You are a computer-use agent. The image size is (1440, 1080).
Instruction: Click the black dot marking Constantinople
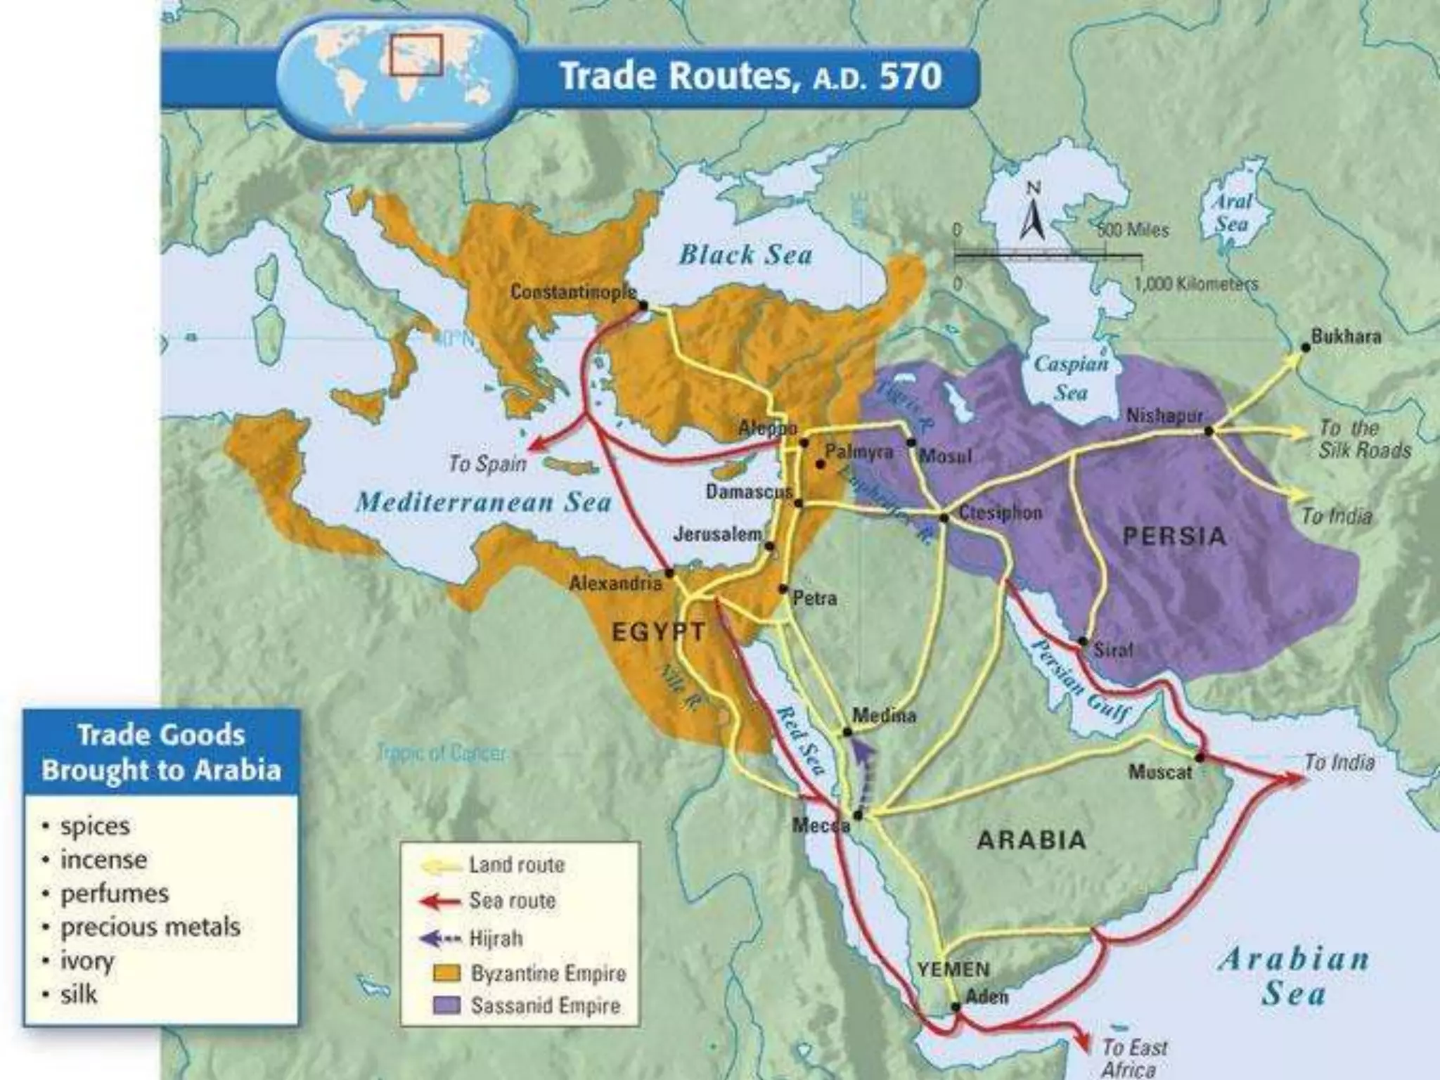click(x=643, y=306)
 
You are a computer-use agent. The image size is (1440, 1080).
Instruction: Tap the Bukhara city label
click(x=1346, y=337)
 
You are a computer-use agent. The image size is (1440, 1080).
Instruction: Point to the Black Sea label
click(x=745, y=255)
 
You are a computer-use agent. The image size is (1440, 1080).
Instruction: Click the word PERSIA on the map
click(x=1174, y=536)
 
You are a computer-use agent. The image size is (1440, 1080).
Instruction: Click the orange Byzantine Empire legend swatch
click(x=446, y=973)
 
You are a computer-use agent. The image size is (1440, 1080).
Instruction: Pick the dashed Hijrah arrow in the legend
click(x=439, y=939)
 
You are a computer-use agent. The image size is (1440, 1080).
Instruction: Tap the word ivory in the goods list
click(x=86, y=960)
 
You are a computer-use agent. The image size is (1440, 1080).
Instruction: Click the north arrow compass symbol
click(x=1031, y=212)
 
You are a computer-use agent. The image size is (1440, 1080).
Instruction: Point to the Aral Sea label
click(x=1232, y=212)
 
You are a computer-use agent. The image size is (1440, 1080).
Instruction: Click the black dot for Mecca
click(x=857, y=816)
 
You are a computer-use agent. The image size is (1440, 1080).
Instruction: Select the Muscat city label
click(x=1160, y=772)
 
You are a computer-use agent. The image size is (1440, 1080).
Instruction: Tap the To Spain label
click(x=488, y=464)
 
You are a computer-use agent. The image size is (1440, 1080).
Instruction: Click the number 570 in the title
click(x=910, y=76)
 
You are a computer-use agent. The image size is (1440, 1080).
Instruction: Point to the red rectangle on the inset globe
click(x=416, y=55)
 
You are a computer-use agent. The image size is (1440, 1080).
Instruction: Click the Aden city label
click(x=986, y=996)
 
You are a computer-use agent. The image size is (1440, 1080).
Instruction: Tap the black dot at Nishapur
click(x=1209, y=431)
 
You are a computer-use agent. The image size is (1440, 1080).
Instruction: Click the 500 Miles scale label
click(x=1133, y=231)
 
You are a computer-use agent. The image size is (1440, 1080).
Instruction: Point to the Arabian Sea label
click(x=1294, y=976)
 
